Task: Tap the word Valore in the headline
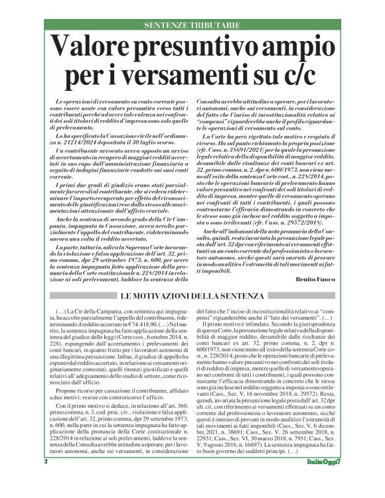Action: click(x=92, y=48)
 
